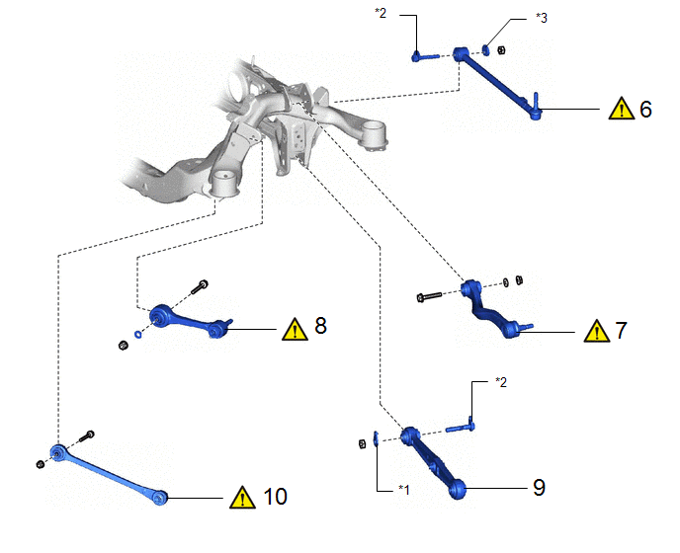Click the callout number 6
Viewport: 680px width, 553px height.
(645, 110)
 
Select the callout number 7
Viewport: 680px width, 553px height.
(622, 331)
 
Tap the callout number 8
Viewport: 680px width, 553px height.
(320, 326)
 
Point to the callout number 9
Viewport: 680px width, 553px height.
(539, 488)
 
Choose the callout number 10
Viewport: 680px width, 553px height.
(275, 497)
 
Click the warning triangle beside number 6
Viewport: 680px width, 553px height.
(622, 109)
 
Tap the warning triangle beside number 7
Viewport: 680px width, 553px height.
(597, 331)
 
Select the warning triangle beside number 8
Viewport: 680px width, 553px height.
(295, 330)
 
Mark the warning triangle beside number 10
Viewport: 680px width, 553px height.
(242, 497)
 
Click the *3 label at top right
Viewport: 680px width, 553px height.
(542, 18)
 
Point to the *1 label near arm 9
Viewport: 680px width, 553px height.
(403, 489)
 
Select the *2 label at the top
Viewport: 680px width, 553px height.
(381, 13)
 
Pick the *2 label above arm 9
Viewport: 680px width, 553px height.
(501, 382)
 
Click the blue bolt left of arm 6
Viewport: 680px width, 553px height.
(425, 56)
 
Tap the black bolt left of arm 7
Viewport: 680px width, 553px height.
(429, 296)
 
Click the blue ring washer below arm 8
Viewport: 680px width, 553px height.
(138, 334)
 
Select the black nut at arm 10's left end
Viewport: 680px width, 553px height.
(40, 464)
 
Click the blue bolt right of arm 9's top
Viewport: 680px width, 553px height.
(461, 427)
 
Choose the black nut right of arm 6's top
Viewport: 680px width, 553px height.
(501, 50)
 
